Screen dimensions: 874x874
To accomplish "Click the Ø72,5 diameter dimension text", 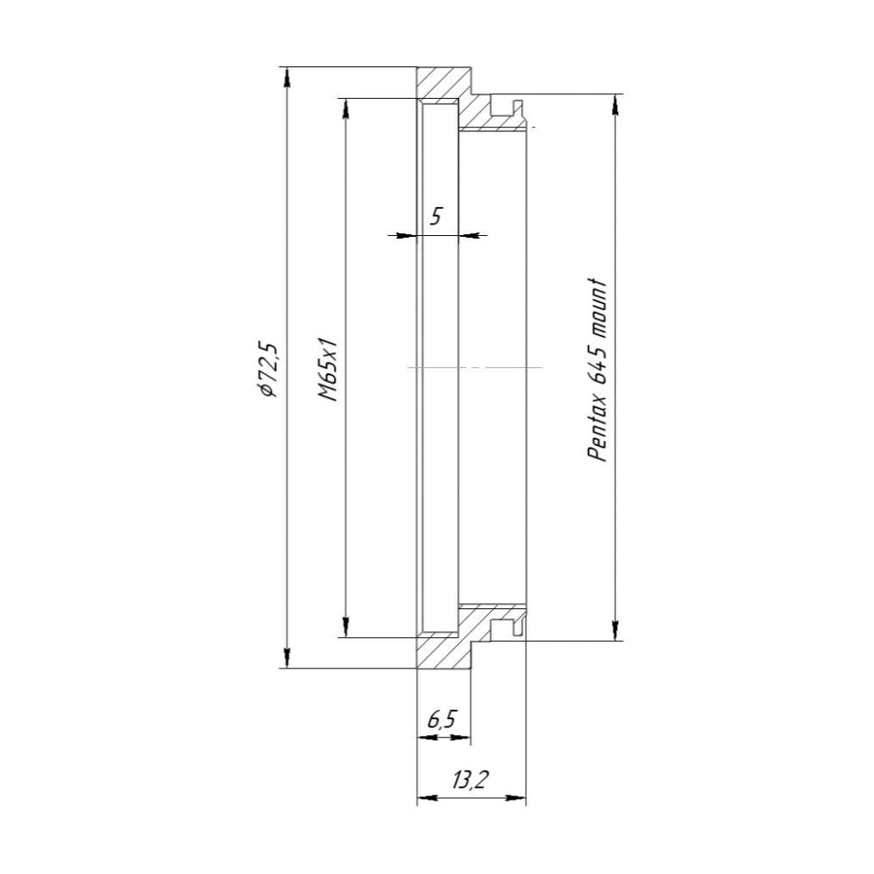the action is click(266, 369).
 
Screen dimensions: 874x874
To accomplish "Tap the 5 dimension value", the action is click(435, 215).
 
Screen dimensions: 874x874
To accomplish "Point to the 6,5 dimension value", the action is click(441, 720).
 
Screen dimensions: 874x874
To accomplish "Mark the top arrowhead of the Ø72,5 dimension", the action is click(287, 76).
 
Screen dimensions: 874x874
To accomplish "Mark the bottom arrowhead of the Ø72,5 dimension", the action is click(287, 659).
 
